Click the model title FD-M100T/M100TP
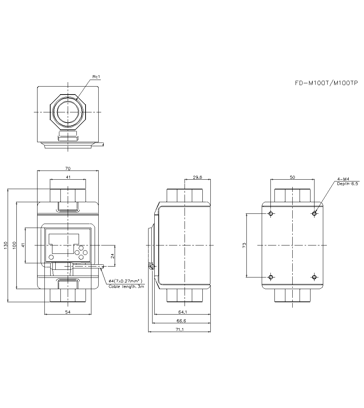326,83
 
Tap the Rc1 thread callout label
96,77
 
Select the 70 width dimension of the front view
68,168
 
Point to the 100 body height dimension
14,245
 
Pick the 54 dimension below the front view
68,312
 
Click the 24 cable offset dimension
112,256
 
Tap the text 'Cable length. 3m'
126,287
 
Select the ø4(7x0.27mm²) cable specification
125,281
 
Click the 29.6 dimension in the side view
197,177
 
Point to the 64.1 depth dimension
183,312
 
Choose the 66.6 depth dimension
181,321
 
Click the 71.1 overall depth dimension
180,329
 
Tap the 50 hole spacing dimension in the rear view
292,177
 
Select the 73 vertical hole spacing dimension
244,245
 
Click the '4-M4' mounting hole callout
343,179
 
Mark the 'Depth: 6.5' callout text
347,184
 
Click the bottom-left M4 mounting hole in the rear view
270,277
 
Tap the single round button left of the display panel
51,257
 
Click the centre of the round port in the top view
68,112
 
